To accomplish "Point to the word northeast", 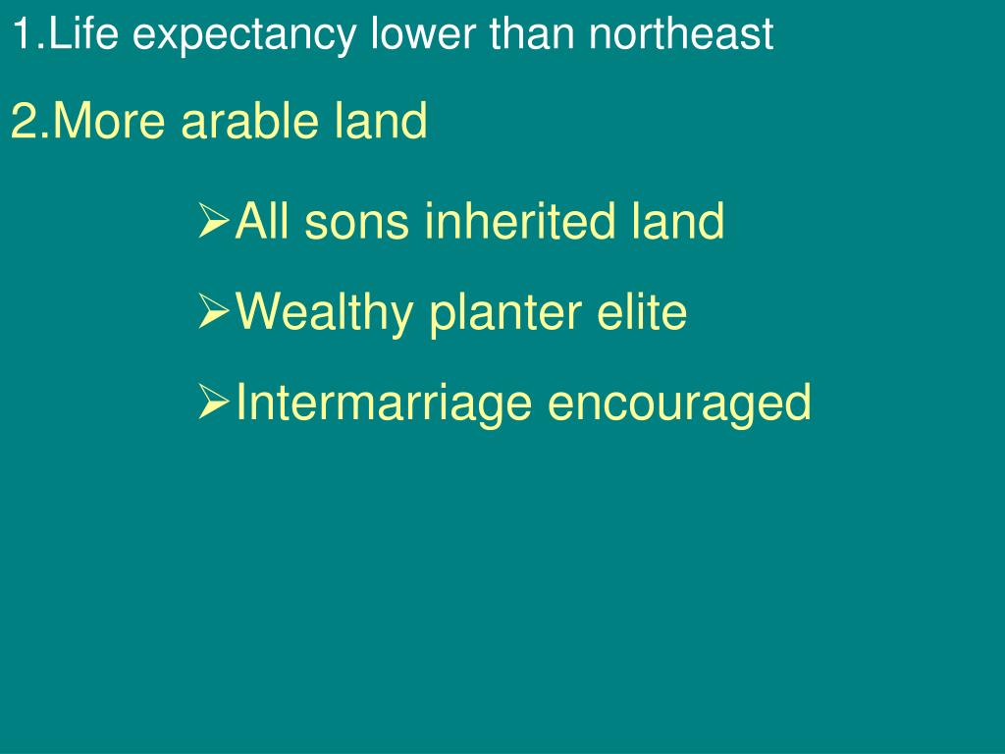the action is pyautogui.click(x=681, y=34).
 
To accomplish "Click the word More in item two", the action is pyautogui.click(x=109, y=120).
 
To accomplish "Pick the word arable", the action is pyautogui.click(x=250, y=120).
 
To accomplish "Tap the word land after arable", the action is pyautogui.click(x=381, y=120).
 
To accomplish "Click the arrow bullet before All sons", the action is pyautogui.click(x=213, y=221).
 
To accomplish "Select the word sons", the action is pyautogui.click(x=356, y=222).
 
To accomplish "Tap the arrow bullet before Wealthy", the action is pyautogui.click(x=213, y=311).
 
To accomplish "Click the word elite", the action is pyautogui.click(x=642, y=311).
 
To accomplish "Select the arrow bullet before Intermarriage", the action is pyautogui.click(x=213, y=402).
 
